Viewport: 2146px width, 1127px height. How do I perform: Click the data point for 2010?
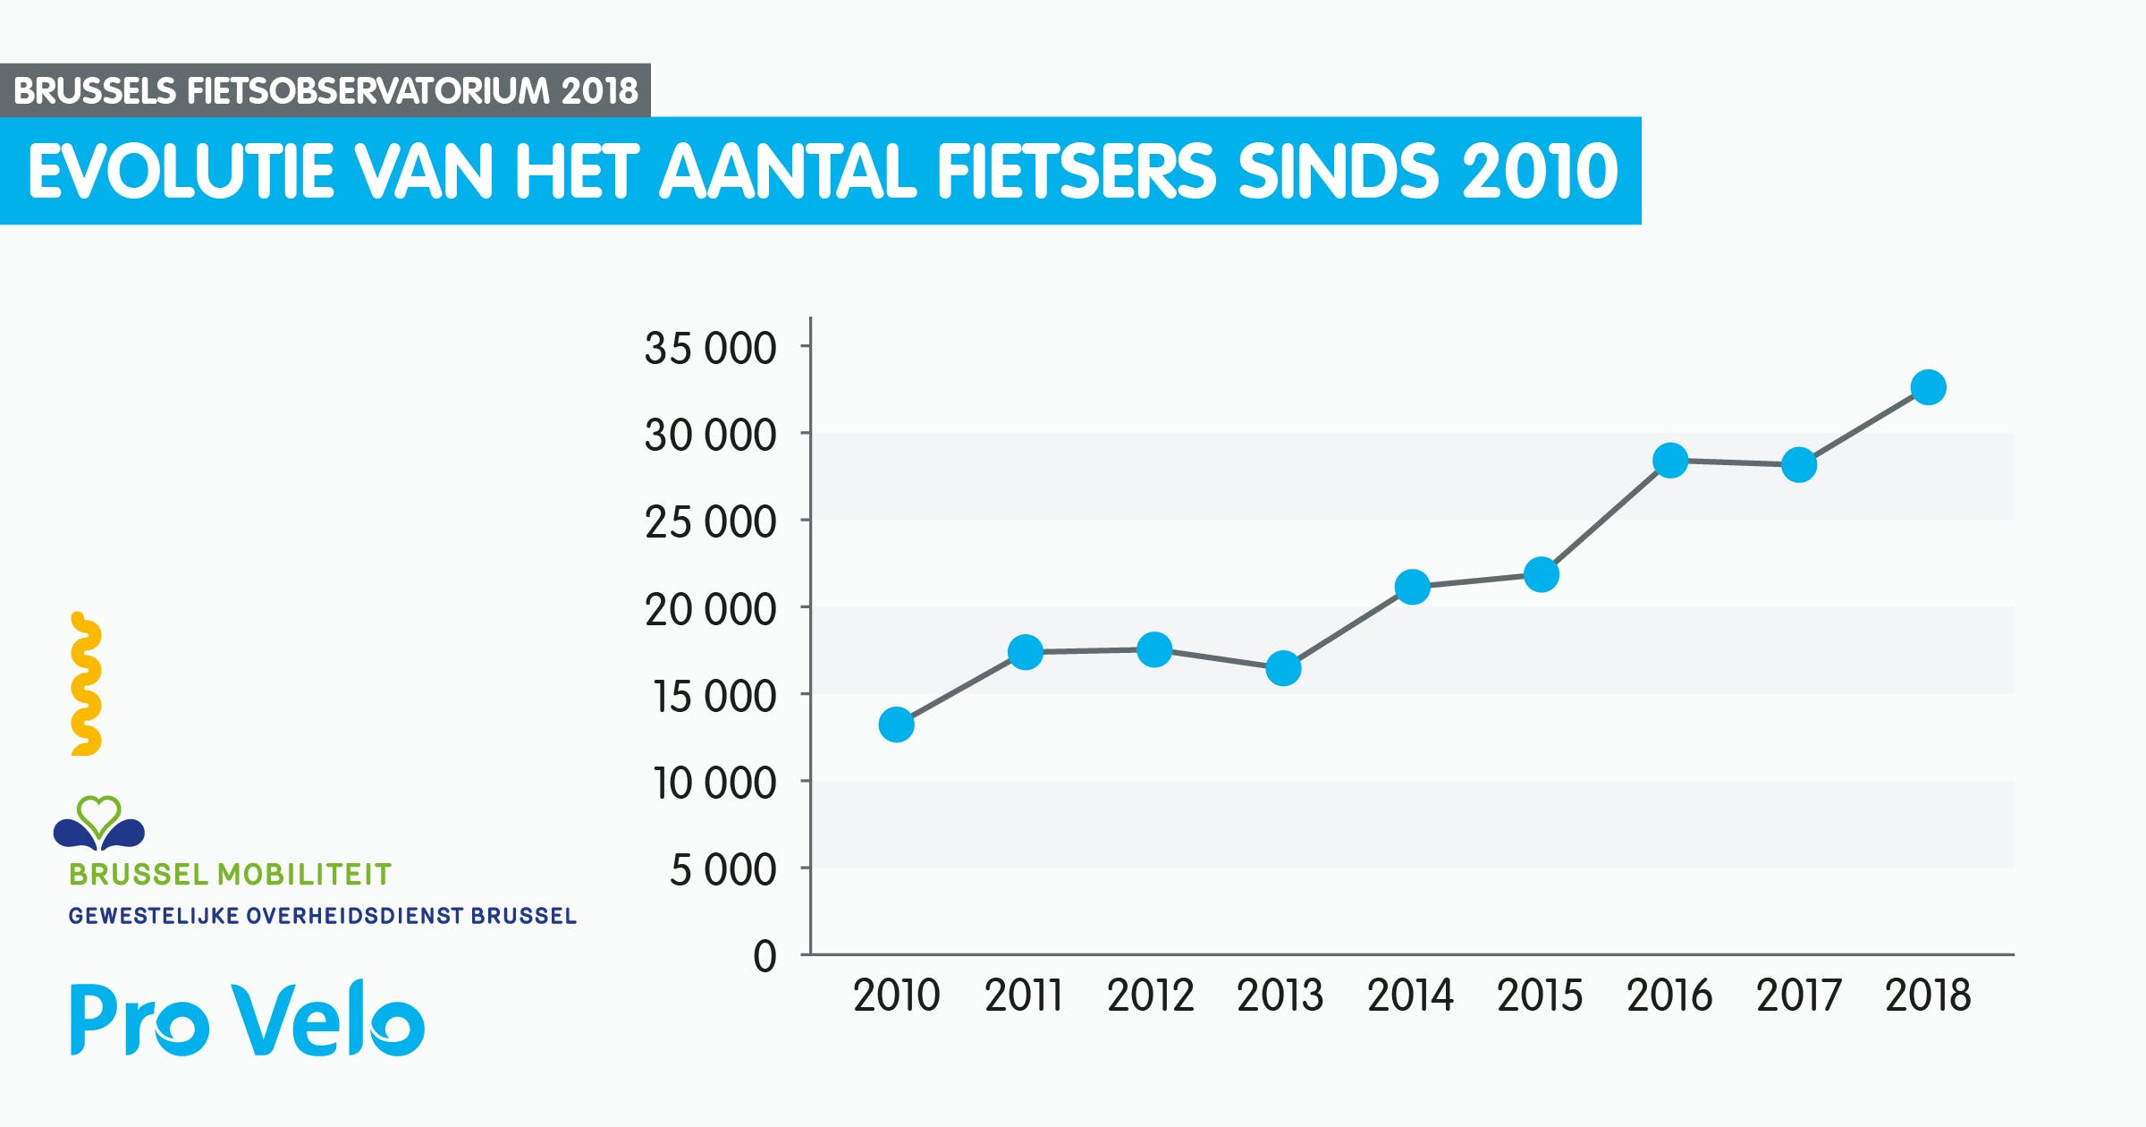coord(896,724)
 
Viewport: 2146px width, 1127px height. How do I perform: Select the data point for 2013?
coord(1283,668)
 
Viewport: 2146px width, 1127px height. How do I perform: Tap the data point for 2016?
coord(1670,461)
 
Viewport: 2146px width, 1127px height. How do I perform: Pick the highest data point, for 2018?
coord(1928,387)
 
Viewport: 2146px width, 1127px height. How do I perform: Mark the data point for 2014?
coord(1412,587)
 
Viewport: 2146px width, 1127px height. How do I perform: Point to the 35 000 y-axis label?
coord(710,348)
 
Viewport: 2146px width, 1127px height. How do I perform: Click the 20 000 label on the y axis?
coord(710,610)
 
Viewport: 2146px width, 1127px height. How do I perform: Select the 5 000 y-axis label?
coord(722,870)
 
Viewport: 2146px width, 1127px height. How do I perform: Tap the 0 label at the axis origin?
coord(765,956)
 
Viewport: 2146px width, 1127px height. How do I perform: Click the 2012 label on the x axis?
coord(1150,996)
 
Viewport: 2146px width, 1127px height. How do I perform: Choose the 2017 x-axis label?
coord(1798,996)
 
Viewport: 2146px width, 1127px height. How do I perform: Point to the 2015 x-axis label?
coord(1540,996)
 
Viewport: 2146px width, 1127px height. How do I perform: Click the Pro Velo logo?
coord(248,1020)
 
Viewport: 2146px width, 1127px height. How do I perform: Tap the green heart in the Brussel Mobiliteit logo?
coord(98,814)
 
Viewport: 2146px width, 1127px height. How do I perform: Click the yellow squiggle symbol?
coord(86,684)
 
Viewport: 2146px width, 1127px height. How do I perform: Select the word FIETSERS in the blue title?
coord(1076,171)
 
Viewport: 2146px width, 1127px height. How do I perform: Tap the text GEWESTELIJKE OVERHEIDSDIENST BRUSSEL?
coord(322,916)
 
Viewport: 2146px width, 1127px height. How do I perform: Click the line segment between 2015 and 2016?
coord(1606,518)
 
